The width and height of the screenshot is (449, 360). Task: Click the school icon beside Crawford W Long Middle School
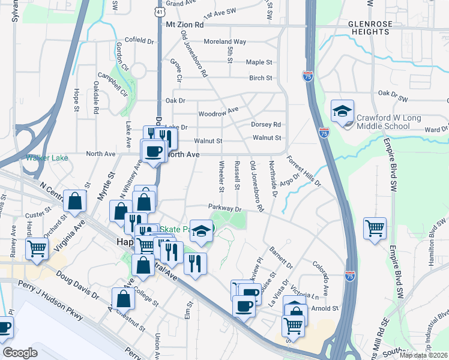343,112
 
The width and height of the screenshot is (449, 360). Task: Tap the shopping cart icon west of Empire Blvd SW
375,229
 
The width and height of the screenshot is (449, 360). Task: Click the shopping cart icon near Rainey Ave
37,248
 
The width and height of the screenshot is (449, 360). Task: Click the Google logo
20,353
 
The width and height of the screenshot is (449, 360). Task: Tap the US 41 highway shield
157,11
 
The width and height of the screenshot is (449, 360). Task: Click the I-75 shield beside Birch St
307,76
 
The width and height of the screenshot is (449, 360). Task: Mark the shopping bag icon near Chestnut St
122,298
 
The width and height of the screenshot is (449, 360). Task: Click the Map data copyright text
423,355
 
